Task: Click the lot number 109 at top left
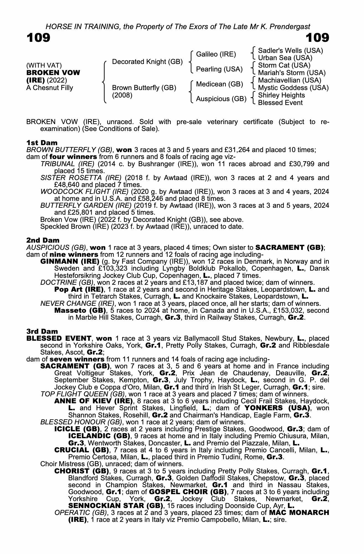click(x=38, y=38)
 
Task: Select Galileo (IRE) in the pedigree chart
click(x=216, y=54)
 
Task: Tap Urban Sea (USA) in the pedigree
click(x=285, y=58)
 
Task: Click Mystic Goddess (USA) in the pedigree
click(x=293, y=88)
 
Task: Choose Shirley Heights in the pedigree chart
click(x=281, y=95)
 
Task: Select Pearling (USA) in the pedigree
click(x=219, y=69)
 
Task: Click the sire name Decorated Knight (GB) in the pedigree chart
click(x=147, y=62)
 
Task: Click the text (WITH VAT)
click(x=44, y=66)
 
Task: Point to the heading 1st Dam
click(x=42, y=143)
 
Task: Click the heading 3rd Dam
click(x=42, y=331)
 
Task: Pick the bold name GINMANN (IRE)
click(x=70, y=261)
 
